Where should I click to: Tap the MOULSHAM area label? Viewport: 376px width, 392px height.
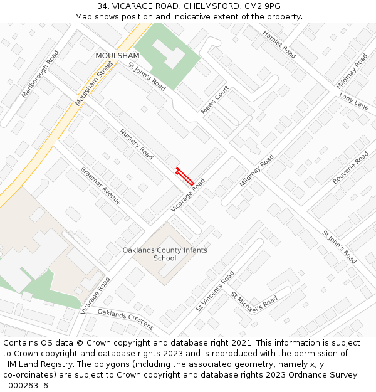click(117, 56)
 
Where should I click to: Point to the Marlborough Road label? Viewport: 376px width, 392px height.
click(40, 73)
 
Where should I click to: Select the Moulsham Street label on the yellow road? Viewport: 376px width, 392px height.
click(94, 83)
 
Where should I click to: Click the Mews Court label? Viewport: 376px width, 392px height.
click(215, 100)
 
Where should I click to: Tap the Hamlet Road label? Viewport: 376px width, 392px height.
click(279, 44)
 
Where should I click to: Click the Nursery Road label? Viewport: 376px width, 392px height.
click(137, 144)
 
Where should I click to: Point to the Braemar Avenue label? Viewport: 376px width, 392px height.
click(100, 185)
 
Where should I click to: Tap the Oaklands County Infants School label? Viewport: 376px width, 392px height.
click(165, 254)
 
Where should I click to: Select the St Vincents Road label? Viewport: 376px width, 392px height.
click(215, 291)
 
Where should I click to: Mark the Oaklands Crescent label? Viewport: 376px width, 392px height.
click(125, 319)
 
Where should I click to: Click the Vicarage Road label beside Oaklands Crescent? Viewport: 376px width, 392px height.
click(95, 295)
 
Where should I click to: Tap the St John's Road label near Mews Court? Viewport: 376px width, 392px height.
click(147, 77)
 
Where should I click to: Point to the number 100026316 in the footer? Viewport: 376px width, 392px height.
click(26, 386)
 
